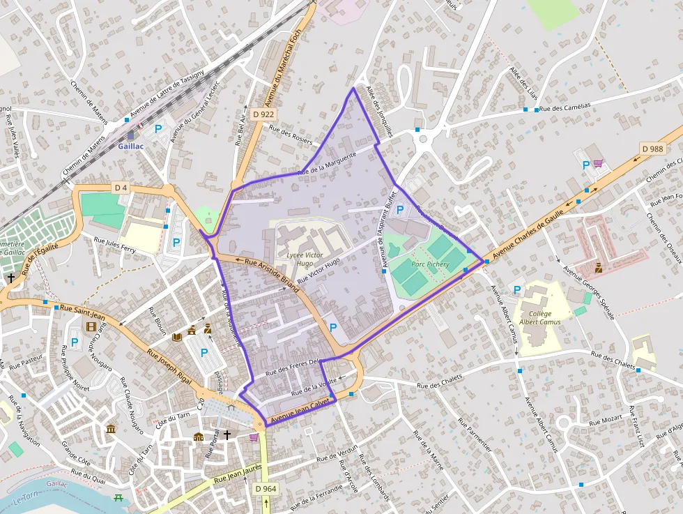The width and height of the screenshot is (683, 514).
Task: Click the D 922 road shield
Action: (x=263, y=114)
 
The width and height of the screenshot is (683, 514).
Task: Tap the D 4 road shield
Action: (x=121, y=188)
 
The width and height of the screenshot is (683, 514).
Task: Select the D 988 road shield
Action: (x=653, y=149)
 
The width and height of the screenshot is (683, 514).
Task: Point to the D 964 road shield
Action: (x=266, y=489)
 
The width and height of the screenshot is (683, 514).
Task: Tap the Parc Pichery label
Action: (x=430, y=264)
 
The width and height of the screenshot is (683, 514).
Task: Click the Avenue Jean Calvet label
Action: (x=299, y=411)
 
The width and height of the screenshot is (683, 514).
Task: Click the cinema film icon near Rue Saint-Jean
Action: (x=91, y=326)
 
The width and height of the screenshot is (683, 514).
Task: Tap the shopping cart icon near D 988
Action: (x=598, y=164)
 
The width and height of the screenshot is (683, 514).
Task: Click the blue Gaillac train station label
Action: (x=130, y=146)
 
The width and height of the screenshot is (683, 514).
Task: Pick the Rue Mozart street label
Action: (x=606, y=421)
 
